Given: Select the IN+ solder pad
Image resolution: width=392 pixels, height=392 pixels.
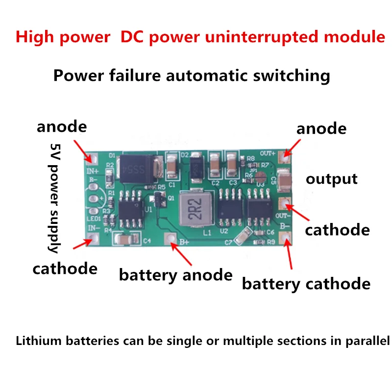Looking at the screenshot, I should (93, 159).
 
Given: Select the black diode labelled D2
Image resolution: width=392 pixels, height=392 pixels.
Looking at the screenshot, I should (195, 168).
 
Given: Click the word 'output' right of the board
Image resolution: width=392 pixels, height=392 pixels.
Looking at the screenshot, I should (331, 179).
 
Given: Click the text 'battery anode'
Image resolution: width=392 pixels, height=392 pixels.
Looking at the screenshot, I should (175, 275).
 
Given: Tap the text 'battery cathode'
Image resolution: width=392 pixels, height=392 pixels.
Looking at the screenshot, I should (306, 284).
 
